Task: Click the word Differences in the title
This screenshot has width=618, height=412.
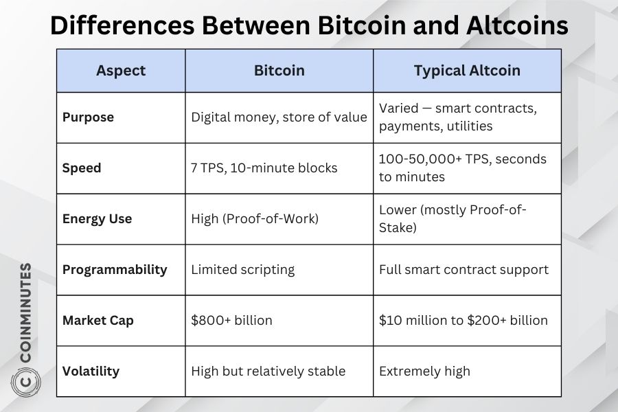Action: pos(123,25)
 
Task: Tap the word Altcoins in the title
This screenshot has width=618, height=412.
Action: pos(517,25)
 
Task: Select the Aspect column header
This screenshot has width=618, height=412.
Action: pos(121,71)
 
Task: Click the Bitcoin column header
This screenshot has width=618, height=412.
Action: pos(279,71)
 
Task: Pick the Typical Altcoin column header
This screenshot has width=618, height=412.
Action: pos(467,71)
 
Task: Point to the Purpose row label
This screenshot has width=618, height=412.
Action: pos(88,117)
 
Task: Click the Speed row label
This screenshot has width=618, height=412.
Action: pos(82,168)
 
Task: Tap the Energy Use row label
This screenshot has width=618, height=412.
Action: pos(97,219)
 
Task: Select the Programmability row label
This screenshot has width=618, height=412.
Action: pos(115,270)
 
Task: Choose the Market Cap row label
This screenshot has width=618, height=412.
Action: pos(98,321)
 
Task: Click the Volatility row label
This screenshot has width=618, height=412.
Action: pos(91,371)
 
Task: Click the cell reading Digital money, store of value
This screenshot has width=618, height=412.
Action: pos(279,117)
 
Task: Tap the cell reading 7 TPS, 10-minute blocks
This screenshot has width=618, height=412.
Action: pos(264,168)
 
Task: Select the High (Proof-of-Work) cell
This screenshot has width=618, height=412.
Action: pos(255,219)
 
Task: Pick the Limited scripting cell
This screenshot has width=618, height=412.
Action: pos(243,270)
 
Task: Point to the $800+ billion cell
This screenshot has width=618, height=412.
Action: pos(232,320)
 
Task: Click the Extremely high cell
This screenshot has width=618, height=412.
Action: pos(424,371)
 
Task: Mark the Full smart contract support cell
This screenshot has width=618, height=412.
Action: pos(464,270)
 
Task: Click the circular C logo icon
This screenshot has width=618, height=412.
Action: pos(25,382)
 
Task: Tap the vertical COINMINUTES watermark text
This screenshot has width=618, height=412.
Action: pos(25,312)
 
